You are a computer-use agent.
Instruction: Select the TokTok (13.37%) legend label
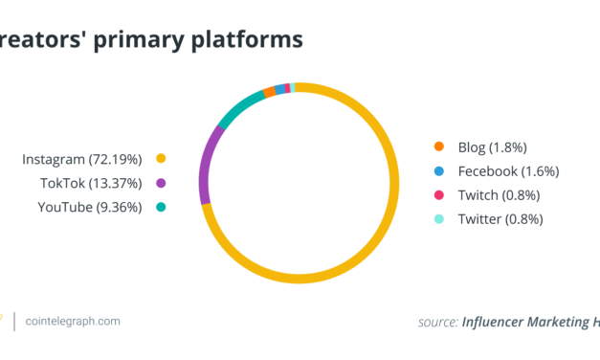point(90,183)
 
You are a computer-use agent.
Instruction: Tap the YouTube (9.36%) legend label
point(89,207)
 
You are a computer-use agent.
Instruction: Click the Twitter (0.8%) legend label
point(499,218)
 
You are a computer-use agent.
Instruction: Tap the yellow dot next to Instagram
point(161,158)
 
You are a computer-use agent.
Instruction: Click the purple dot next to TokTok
point(161,183)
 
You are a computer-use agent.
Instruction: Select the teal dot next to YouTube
point(161,207)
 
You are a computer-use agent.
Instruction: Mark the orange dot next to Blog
point(438,146)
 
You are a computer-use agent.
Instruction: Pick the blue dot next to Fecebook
point(438,170)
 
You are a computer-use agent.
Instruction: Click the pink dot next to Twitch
point(438,194)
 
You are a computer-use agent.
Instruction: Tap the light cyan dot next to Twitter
point(438,218)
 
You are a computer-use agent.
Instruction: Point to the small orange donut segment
point(269,93)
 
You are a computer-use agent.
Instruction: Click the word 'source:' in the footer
point(437,322)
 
